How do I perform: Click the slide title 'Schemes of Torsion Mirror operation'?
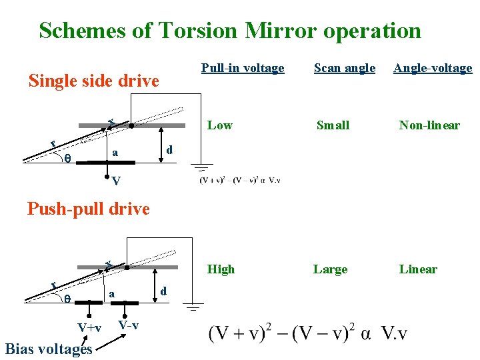tap(230, 31)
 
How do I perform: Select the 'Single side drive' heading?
tap(93, 81)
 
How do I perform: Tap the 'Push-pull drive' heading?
tap(88, 209)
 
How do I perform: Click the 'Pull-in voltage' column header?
tap(243, 68)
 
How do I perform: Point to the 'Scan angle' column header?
tap(345, 68)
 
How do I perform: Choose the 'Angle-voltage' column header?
tap(433, 68)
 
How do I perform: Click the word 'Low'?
tap(220, 125)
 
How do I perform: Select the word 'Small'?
tap(333, 125)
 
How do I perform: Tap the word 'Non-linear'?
tap(429, 125)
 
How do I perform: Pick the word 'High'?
tap(221, 269)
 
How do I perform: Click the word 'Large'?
tap(331, 269)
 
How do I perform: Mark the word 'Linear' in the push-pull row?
tap(418, 269)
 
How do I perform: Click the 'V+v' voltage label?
tap(89, 328)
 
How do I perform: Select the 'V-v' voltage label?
tap(128, 325)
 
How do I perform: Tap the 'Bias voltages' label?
tap(48, 349)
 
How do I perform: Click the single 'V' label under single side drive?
tap(116, 181)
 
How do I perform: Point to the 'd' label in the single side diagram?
tap(170, 150)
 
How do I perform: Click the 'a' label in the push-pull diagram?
tap(112, 293)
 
